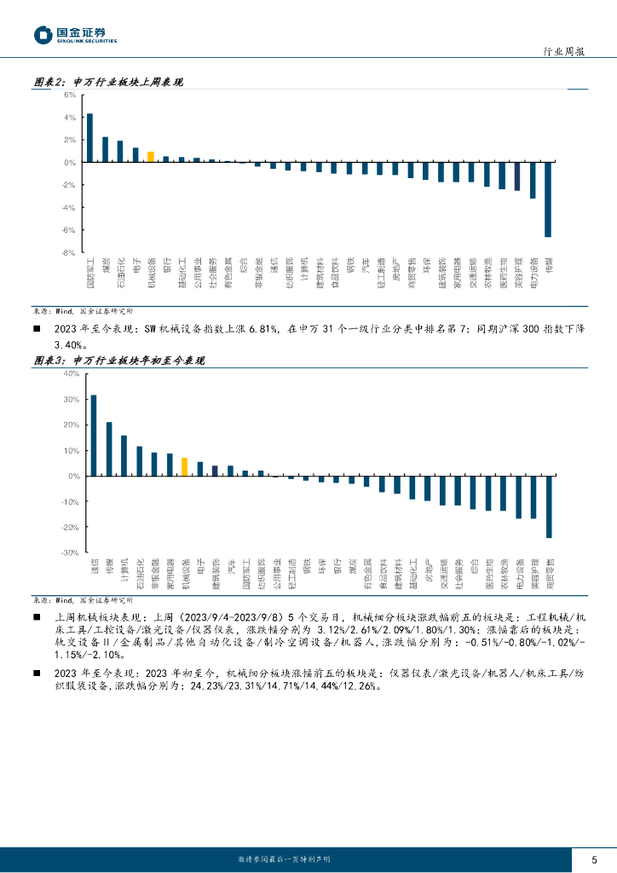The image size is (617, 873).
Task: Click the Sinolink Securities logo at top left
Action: pyautogui.click(x=75, y=35)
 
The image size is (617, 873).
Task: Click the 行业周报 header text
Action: pyautogui.click(x=564, y=52)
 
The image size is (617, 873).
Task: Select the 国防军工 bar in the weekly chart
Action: pyautogui.click(x=89, y=138)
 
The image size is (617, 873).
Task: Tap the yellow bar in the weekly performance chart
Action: pyautogui.click(x=151, y=157)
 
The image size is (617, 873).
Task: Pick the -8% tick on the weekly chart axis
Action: pyautogui.click(x=69, y=252)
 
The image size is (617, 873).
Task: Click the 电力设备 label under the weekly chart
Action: pyautogui.click(x=533, y=271)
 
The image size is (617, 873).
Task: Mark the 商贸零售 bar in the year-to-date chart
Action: pyautogui.click(x=549, y=507)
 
